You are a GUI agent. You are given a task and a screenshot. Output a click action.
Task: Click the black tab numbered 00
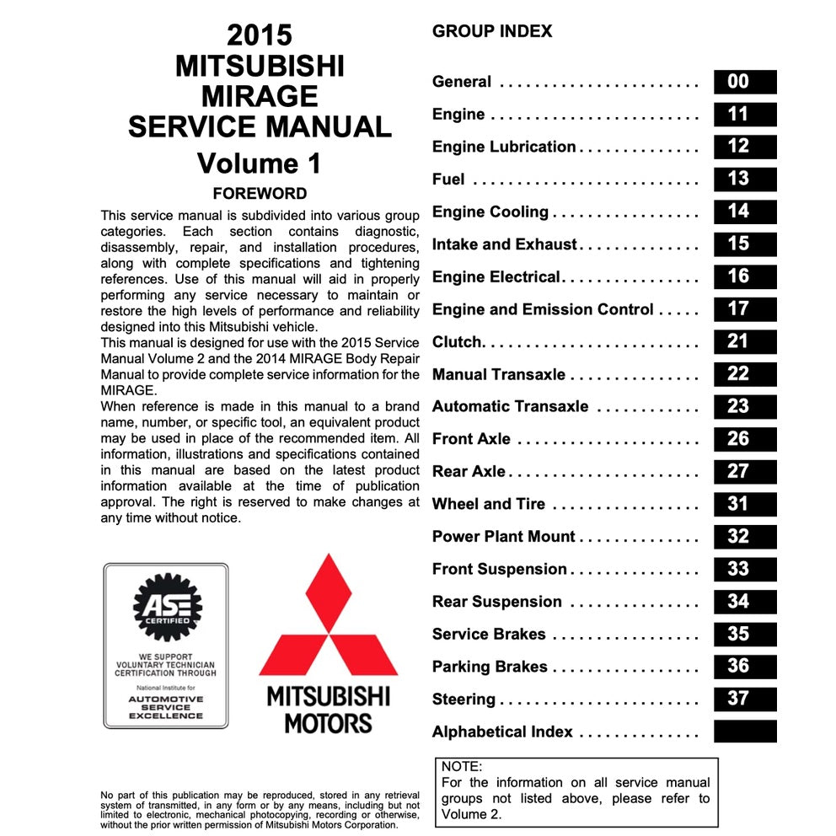click(x=744, y=82)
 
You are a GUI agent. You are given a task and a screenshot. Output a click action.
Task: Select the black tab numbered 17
click(x=744, y=309)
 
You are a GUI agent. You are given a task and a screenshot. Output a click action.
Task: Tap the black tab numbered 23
click(x=744, y=406)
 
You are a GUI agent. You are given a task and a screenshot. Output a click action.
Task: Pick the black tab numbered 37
click(x=744, y=699)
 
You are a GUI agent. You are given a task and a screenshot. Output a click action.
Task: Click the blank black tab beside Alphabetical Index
click(x=744, y=731)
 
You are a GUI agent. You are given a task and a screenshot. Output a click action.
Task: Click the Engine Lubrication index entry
click(x=503, y=147)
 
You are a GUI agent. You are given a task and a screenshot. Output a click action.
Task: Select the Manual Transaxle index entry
click(x=498, y=374)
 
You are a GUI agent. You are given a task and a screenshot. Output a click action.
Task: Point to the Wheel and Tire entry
click(x=488, y=504)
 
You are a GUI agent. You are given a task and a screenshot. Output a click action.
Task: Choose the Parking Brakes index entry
click(x=489, y=667)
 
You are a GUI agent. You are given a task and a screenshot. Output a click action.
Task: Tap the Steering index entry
click(x=464, y=699)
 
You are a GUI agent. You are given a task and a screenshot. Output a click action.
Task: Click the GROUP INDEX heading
click(x=492, y=32)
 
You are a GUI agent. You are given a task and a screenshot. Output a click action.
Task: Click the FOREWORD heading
click(x=260, y=193)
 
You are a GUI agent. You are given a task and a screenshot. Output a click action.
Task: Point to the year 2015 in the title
click(x=260, y=35)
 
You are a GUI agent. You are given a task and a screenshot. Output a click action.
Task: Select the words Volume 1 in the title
click(x=260, y=163)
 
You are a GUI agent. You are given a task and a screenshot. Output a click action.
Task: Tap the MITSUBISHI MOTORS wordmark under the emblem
click(x=328, y=709)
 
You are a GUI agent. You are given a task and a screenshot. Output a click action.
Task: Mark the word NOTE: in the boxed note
click(x=462, y=767)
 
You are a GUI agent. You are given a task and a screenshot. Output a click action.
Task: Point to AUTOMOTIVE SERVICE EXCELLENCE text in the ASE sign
click(x=166, y=707)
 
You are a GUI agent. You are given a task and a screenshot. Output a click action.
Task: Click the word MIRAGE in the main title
click(x=260, y=96)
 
